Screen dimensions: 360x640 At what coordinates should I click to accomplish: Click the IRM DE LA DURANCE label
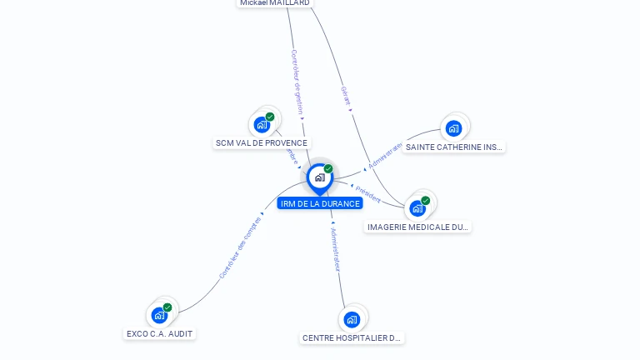coord(320,203)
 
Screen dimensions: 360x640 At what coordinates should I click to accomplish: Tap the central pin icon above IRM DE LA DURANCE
coord(319,177)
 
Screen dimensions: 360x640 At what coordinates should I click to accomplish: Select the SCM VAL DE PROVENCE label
coord(262,143)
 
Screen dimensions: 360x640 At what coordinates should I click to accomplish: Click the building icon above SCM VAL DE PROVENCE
coord(262,125)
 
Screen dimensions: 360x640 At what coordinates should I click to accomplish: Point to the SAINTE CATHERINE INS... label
coord(454,147)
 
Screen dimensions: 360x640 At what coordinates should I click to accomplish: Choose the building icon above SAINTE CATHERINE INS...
coord(453,128)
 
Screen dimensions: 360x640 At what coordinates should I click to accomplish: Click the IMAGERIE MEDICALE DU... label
coord(418,227)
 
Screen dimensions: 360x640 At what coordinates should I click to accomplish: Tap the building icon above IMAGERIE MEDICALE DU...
coord(417,208)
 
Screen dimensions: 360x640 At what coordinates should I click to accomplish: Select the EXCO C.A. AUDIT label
coord(160,333)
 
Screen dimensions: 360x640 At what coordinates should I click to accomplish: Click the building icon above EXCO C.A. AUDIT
coord(159,315)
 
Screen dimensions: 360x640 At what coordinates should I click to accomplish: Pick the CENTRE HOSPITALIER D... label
coord(352,338)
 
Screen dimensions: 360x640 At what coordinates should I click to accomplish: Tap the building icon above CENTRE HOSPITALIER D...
coord(352,319)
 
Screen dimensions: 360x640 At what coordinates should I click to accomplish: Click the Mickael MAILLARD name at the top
coord(275,3)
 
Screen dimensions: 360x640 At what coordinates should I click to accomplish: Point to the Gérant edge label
coord(346,96)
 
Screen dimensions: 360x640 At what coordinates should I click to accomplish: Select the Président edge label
coord(367,193)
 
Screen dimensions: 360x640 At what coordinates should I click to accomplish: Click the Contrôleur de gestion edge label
coord(296,82)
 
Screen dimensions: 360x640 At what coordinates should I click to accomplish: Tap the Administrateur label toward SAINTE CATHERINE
coord(385,155)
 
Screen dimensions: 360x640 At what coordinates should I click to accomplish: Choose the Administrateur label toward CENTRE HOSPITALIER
coord(335,250)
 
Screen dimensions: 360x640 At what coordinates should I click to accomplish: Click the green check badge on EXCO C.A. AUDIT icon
coord(167,307)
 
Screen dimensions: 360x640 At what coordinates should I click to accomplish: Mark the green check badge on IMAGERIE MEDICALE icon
coord(426,201)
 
